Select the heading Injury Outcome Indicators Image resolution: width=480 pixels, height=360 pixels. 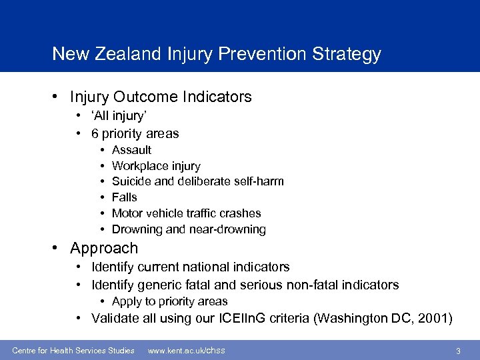[161, 97]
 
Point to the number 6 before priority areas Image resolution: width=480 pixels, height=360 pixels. [96, 133]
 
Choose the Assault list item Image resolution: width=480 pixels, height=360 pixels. [131, 150]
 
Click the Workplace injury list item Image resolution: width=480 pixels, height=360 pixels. [156, 166]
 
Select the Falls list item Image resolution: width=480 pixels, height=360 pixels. [124, 197]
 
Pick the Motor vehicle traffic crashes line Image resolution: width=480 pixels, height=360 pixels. [186, 213]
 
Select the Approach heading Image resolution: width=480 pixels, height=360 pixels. [104, 249]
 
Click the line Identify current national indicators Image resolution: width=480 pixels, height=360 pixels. [190, 267]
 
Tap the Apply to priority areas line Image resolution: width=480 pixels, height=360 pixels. [169, 301]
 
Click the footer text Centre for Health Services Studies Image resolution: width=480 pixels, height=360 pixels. [73, 350]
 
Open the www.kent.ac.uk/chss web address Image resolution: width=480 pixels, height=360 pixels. [186, 350]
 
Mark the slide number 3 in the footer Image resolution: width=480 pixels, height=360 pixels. [458, 351]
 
